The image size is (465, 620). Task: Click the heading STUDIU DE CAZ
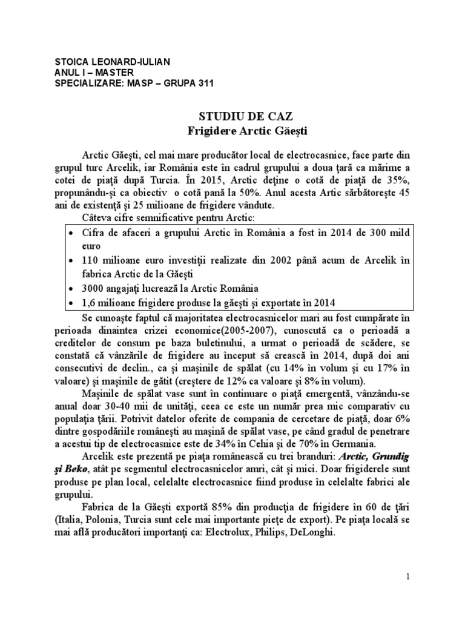tap(232, 115)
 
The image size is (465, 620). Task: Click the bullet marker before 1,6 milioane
tap(72, 302)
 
